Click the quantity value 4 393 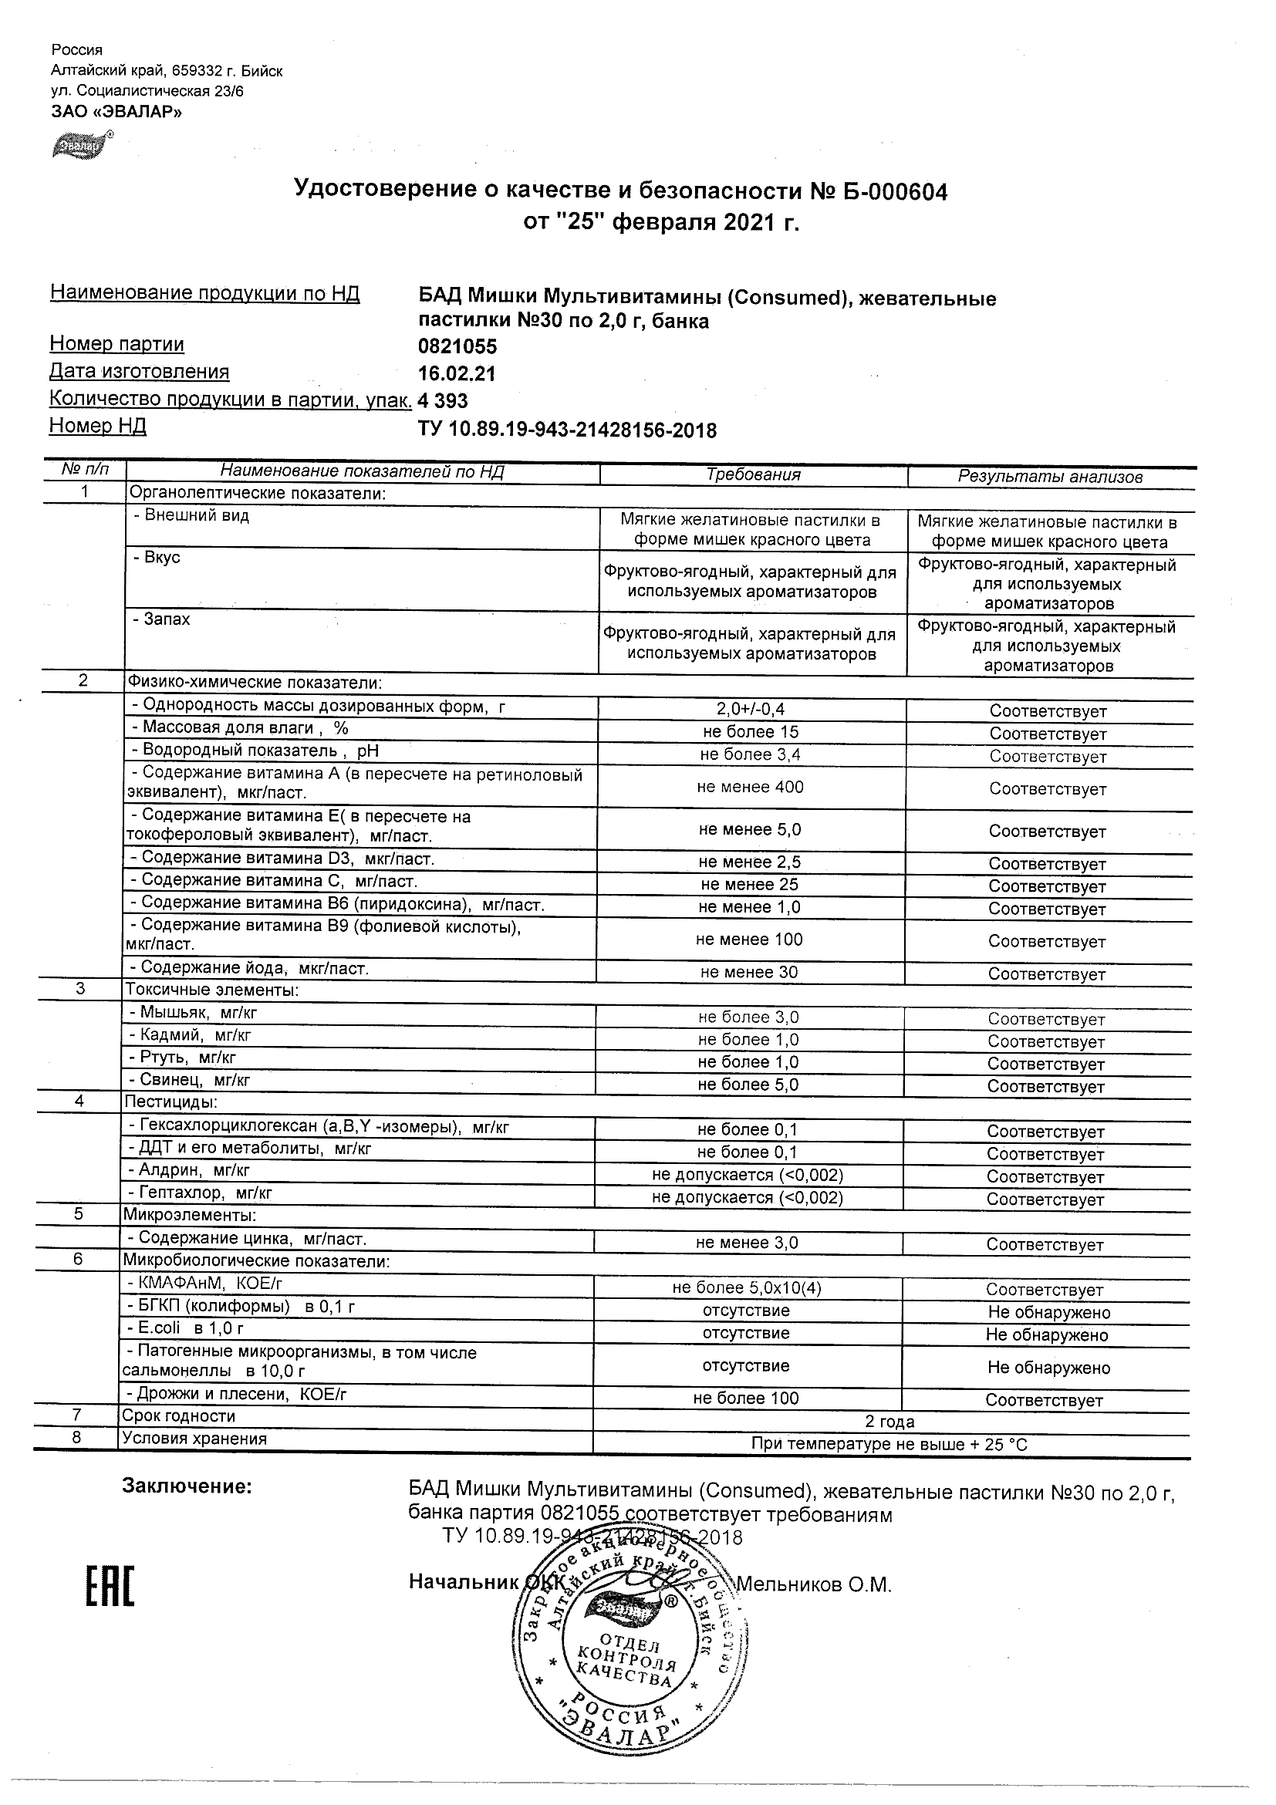(443, 401)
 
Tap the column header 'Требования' (753, 475)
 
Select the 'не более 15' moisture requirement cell (750, 732)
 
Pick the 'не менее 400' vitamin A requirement (750, 787)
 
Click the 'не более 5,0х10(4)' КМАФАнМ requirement (746, 1287)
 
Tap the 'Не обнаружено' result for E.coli (1046, 1335)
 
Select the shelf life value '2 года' (889, 1422)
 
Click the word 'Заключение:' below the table (187, 1486)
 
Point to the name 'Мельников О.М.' (813, 1585)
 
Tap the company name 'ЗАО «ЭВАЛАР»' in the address (116, 112)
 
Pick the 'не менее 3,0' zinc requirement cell (747, 1243)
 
